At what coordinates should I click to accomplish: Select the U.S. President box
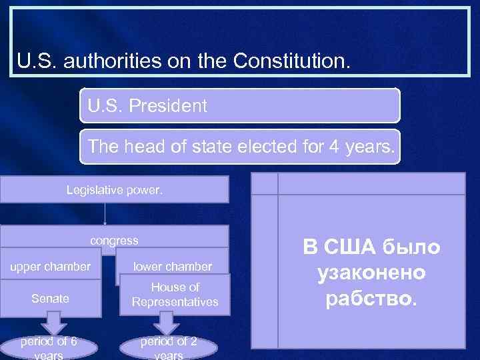coord(239,105)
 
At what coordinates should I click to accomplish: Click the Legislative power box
coord(114,189)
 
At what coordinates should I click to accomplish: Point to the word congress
coord(114,240)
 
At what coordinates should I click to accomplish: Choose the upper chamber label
coord(50,267)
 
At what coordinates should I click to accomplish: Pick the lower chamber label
coord(173,267)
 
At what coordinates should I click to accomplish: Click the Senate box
coord(50,299)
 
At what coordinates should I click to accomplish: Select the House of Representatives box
coord(175,294)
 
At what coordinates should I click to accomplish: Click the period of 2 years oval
coord(168,347)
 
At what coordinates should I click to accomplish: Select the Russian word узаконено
coord(371,273)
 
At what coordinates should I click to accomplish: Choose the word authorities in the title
coord(117,62)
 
